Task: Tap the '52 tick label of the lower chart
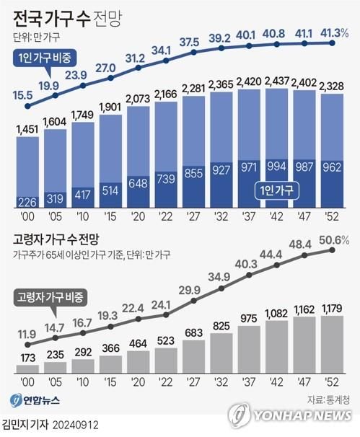click(x=334, y=383)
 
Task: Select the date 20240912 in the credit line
click(x=79, y=425)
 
